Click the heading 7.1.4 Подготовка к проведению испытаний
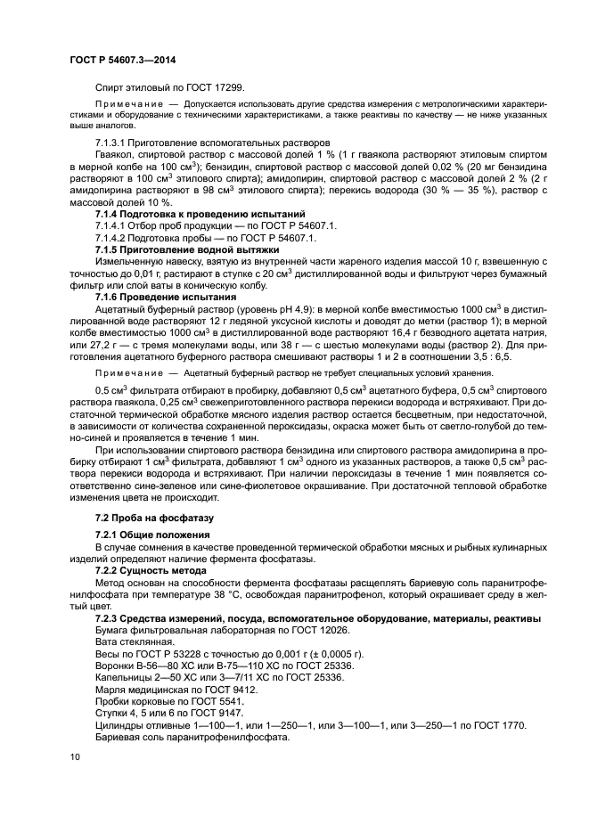coord(200,215)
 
